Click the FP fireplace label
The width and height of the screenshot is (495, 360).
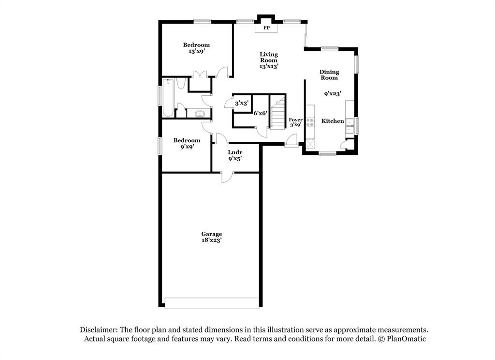coord(266,28)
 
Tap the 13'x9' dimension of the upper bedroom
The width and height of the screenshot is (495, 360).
coord(196,52)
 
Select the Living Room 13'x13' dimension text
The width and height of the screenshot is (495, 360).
coord(269,66)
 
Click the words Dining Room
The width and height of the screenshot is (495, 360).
coord(329,75)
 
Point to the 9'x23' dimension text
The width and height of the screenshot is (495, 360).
coord(333,93)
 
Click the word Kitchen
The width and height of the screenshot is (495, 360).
coord(333,121)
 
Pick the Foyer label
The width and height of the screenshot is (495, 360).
coord(295,120)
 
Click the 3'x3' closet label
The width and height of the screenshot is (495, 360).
coord(241,103)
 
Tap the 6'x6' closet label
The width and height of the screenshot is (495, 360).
coord(260,113)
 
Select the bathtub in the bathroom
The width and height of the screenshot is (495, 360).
coord(168,98)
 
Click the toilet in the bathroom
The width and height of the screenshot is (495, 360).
coord(181,85)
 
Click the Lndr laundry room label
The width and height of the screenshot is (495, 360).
coord(235,152)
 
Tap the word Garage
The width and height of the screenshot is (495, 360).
coord(212,234)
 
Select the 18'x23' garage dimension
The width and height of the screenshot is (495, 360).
coord(212,240)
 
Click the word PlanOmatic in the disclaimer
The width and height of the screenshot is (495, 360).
coord(407,339)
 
